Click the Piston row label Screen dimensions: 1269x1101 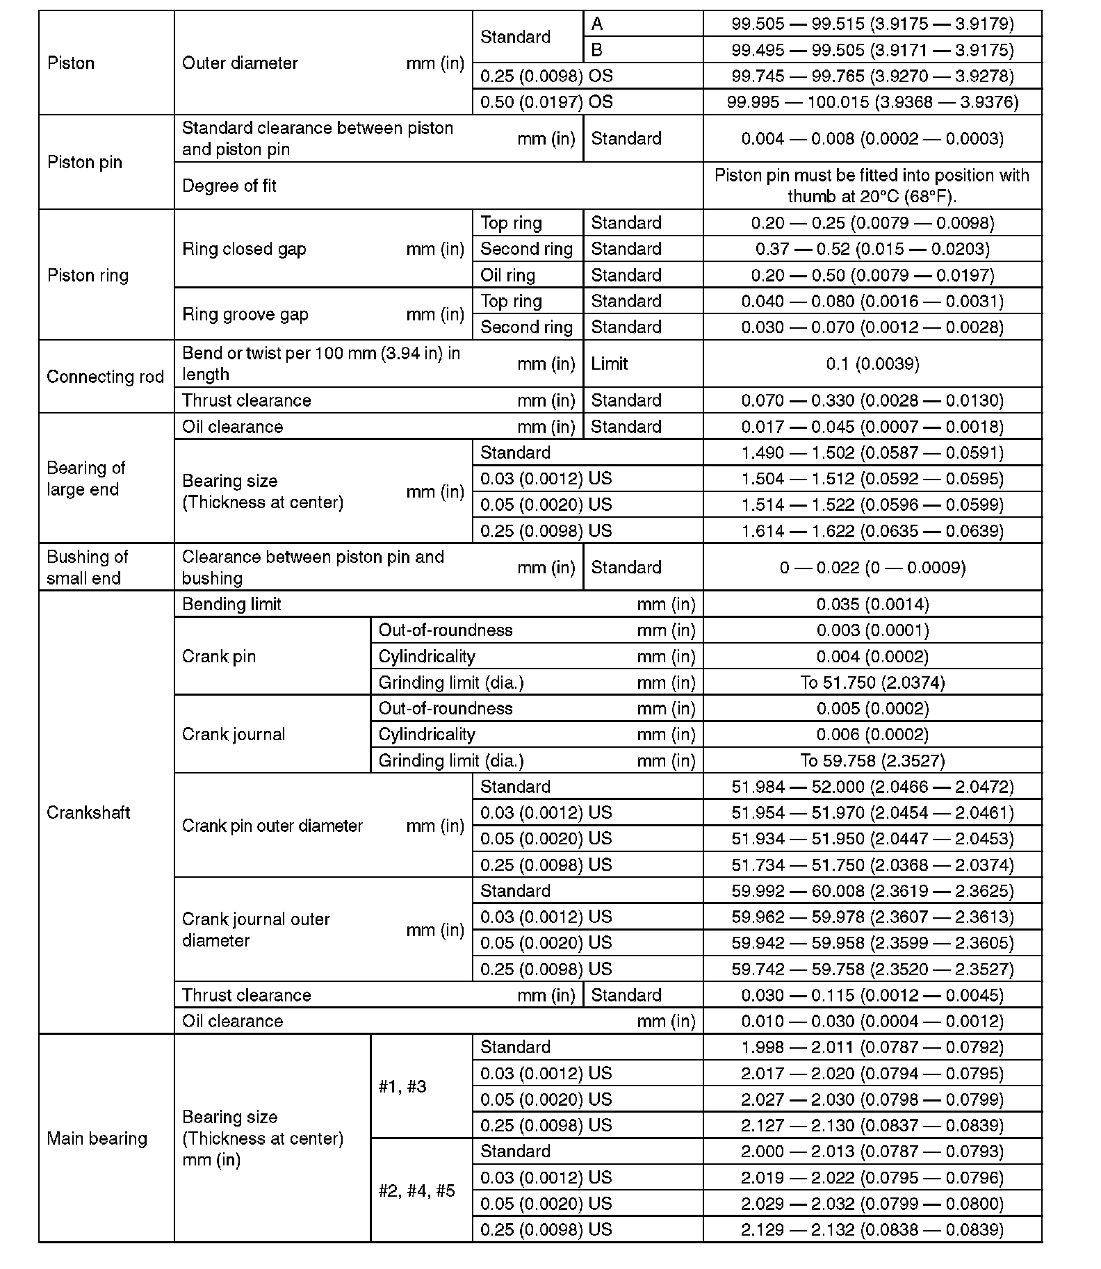pyautogui.click(x=71, y=63)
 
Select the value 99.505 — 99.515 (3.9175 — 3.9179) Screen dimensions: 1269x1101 pyautogui.click(x=872, y=24)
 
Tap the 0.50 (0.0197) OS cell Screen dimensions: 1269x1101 pyautogui.click(x=546, y=102)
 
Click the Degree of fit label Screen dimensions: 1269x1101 pyautogui.click(x=229, y=186)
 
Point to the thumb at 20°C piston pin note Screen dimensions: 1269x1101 pyautogui.click(x=872, y=186)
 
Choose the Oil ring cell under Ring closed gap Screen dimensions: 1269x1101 pyautogui.click(x=508, y=275)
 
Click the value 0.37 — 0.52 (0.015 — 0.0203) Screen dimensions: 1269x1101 pyautogui.click(x=872, y=249)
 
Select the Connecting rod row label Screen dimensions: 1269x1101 pyautogui.click(x=105, y=377)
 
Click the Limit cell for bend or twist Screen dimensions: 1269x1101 pyautogui.click(x=610, y=363)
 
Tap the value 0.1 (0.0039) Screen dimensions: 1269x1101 pyautogui.click(x=872, y=363)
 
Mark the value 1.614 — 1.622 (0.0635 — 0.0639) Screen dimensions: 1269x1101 pyautogui.click(x=872, y=531)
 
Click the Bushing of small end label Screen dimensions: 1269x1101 pyautogui.click(x=88, y=568)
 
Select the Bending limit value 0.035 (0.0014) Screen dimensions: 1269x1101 pyautogui.click(x=872, y=605)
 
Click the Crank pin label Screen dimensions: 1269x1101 pyautogui.click(x=219, y=657)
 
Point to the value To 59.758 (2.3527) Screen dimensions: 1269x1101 pyautogui.click(x=872, y=761)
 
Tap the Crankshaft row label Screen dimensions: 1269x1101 pyautogui.click(x=88, y=812)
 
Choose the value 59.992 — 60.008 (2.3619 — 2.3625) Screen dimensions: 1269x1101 pyautogui.click(x=872, y=891)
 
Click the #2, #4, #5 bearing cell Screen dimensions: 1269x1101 pyautogui.click(x=416, y=1191)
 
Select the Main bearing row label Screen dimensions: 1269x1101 pyautogui.click(x=97, y=1138)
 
